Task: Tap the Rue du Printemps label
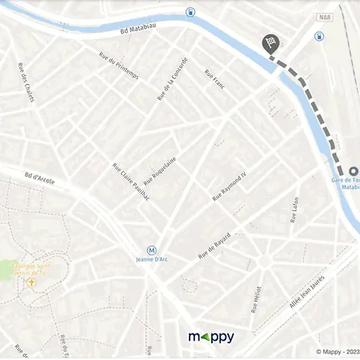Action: (x=118, y=66)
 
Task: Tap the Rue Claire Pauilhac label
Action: (x=130, y=187)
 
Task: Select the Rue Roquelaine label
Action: (x=159, y=170)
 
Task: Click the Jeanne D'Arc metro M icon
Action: (x=152, y=250)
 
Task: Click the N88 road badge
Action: (x=323, y=17)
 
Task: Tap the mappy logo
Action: (x=211, y=337)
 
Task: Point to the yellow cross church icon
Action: (x=32, y=282)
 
